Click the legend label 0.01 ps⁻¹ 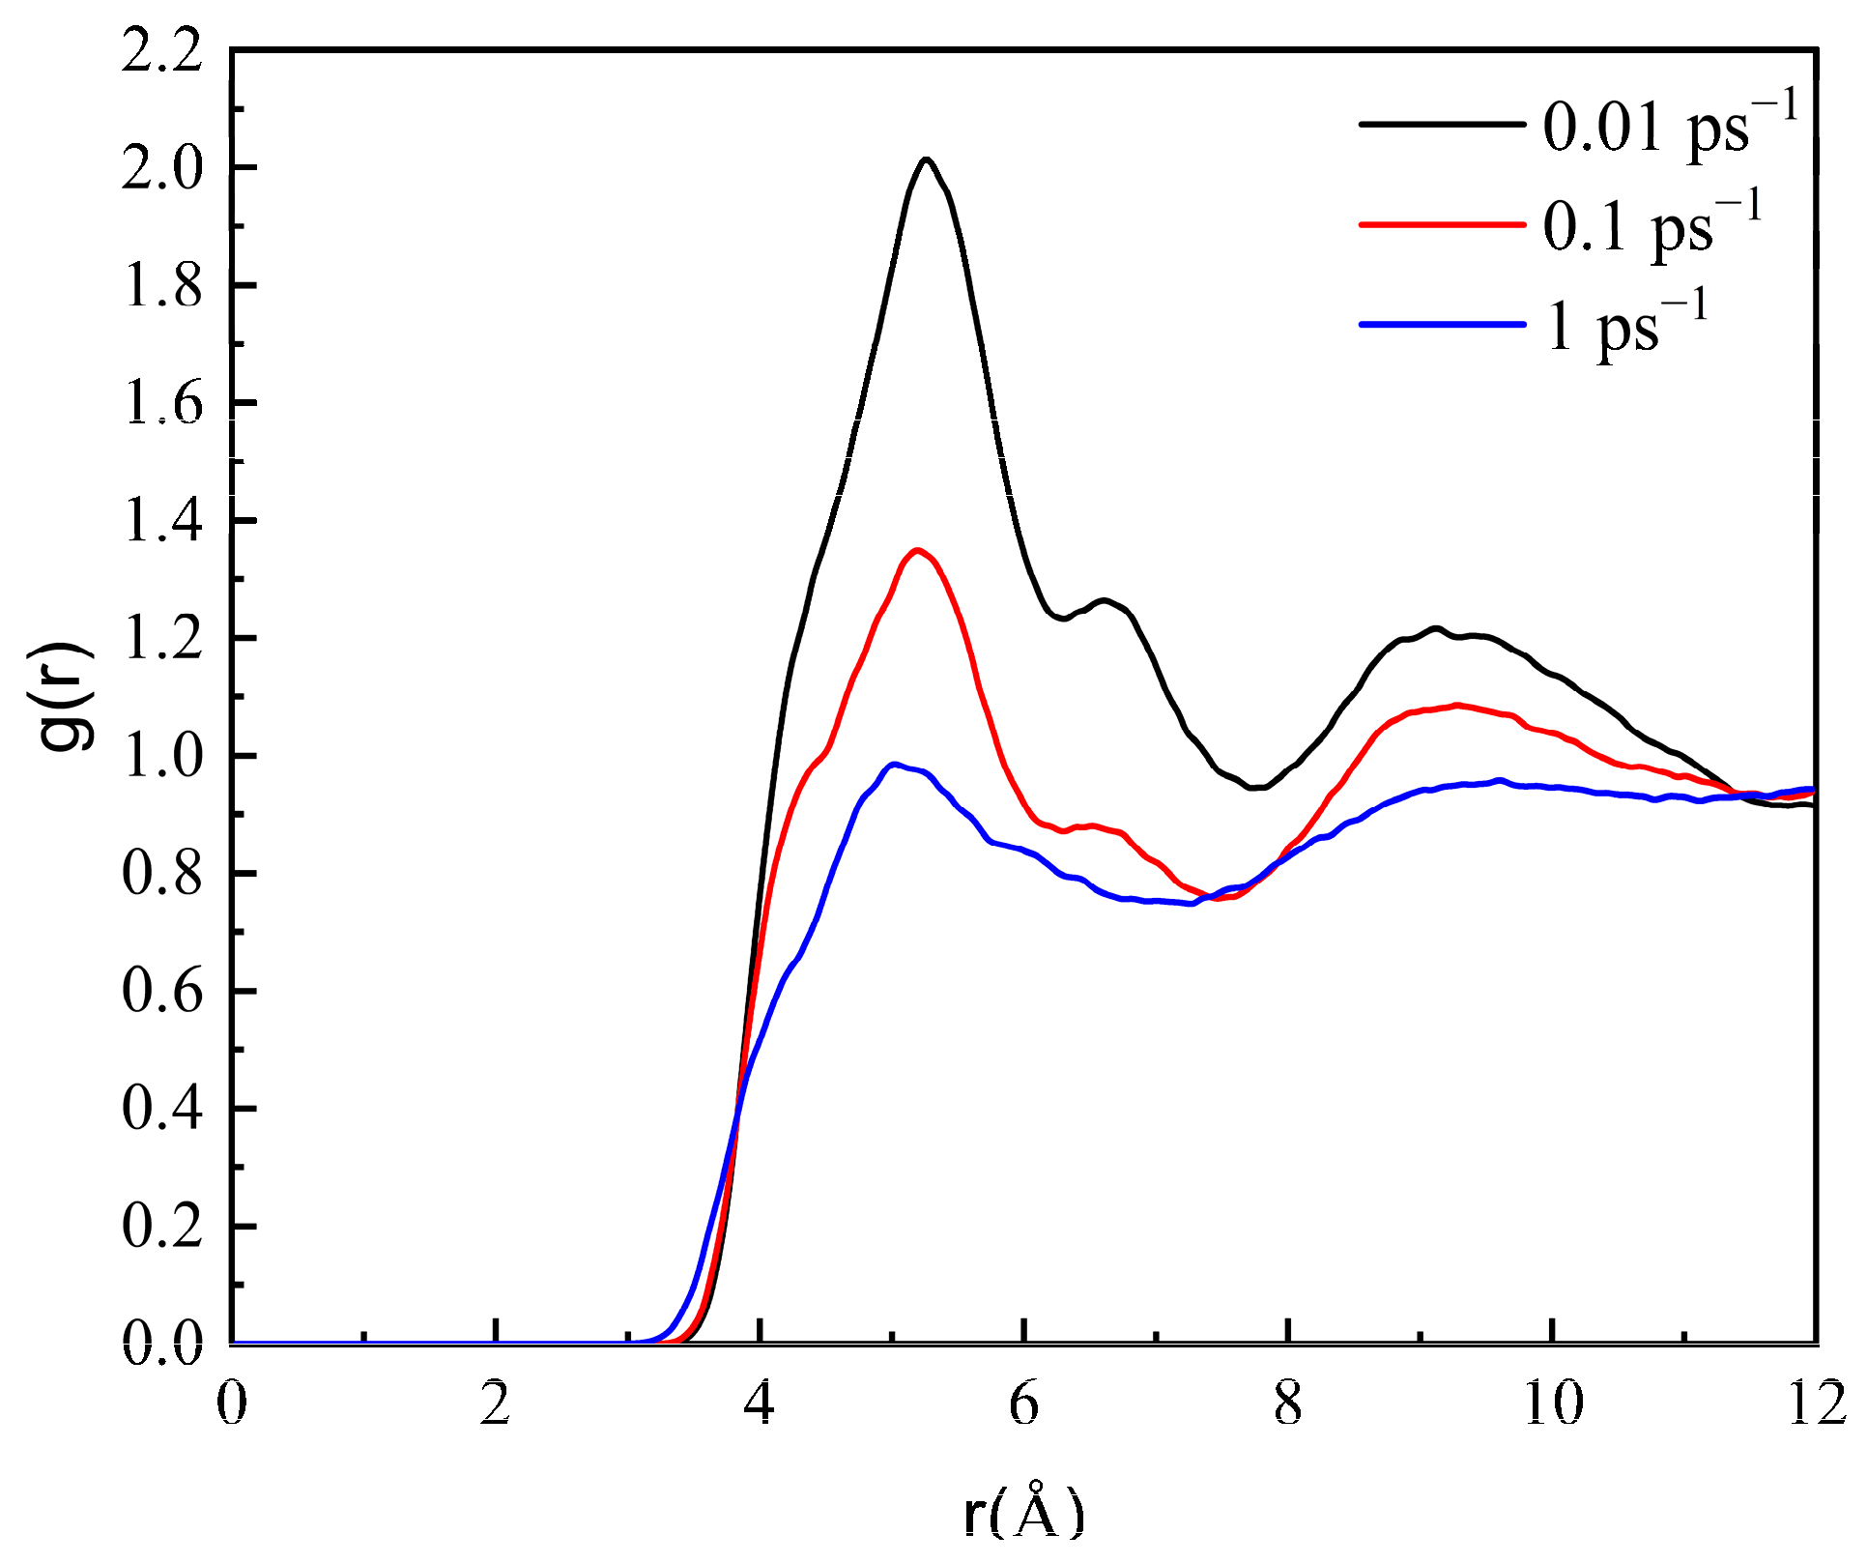(1670, 126)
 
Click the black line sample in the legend (1442, 124)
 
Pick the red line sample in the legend (1442, 224)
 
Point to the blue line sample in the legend (1442, 324)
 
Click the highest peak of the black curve (926, 159)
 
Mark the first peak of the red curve (916, 550)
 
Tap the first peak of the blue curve (895, 764)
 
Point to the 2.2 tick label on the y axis (162, 50)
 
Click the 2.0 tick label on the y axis (162, 168)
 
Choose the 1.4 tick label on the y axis (162, 521)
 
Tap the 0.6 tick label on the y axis (162, 992)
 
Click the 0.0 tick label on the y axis (162, 1345)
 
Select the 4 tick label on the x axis (760, 1404)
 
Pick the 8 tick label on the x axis (1288, 1404)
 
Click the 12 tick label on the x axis (1817, 1404)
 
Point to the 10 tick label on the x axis (1552, 1404)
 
